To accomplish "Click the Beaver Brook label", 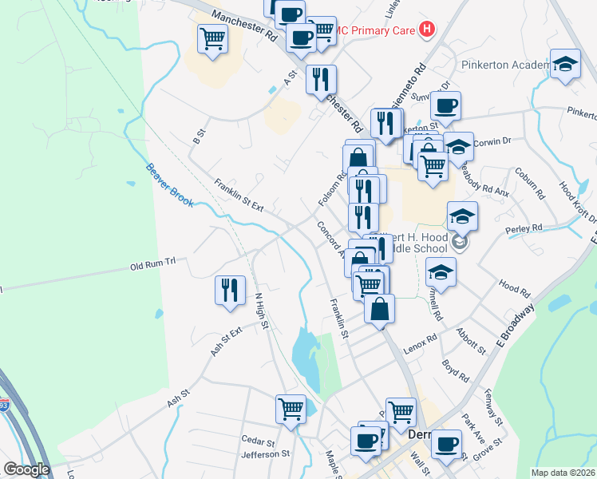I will pos(169,185).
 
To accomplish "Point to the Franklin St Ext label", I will pos(239,195).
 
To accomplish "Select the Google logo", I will pos(26,469).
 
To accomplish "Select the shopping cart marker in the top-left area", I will pos(213,38).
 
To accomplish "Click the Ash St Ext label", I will pos(226,341).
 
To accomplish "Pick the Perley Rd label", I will pos(524,230).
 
